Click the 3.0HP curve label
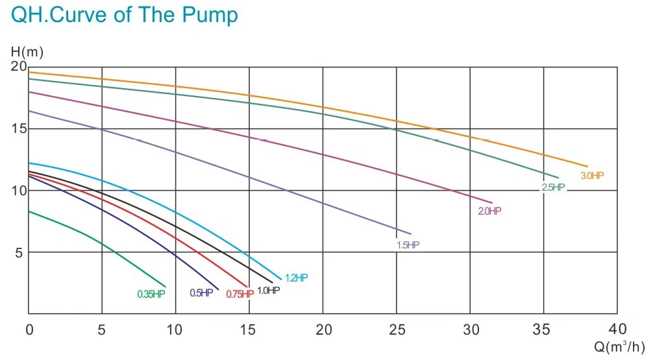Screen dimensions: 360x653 pos(591,176)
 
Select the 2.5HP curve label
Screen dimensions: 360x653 pos(553,187)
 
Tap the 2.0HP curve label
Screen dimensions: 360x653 pos(489,211)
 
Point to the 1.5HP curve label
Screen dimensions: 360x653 pos(408,245)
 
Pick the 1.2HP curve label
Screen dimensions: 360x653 pos(296,278)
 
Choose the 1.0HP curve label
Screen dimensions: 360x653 pos(269,291)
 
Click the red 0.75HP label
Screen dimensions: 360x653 pos(239,294)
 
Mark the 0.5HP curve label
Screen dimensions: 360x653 pos(201,293)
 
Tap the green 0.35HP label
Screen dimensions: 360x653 pos(151,294)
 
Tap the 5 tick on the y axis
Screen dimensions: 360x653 pos(20,252)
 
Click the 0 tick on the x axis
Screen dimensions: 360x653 pos(29,329)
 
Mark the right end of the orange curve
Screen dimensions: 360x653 pos(587,167)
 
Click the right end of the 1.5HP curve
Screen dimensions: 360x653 pos(411,234)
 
